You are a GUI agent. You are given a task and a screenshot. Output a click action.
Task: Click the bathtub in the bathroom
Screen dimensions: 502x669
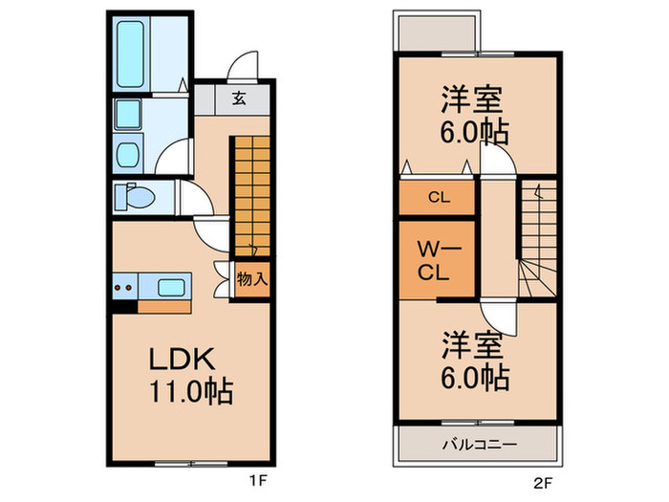tap(132, 53)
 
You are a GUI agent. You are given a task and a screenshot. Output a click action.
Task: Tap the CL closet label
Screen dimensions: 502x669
tap(438, 199)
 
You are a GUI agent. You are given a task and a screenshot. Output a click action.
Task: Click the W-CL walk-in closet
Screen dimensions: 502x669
tap(436, 260)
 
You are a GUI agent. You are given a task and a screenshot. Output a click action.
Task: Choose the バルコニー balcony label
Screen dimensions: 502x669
tap(479, 446)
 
